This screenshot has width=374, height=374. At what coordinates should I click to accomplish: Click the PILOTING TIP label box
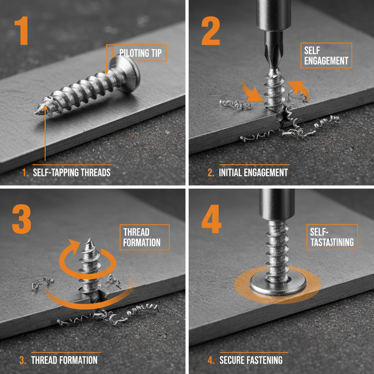pos(136,53)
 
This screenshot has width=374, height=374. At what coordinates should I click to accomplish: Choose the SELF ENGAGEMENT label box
pos(326,56)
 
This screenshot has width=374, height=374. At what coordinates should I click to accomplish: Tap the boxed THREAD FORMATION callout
pos(144,237)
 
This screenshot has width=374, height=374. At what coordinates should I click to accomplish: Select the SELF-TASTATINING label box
pos(332,237)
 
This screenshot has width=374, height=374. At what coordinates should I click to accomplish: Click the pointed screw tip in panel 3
pos(88,242)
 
